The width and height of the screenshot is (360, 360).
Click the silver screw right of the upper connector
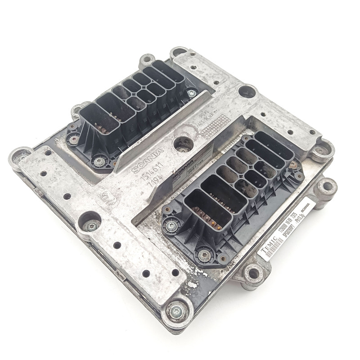[191, 93]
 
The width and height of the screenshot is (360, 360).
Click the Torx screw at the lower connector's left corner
[171, 225]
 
